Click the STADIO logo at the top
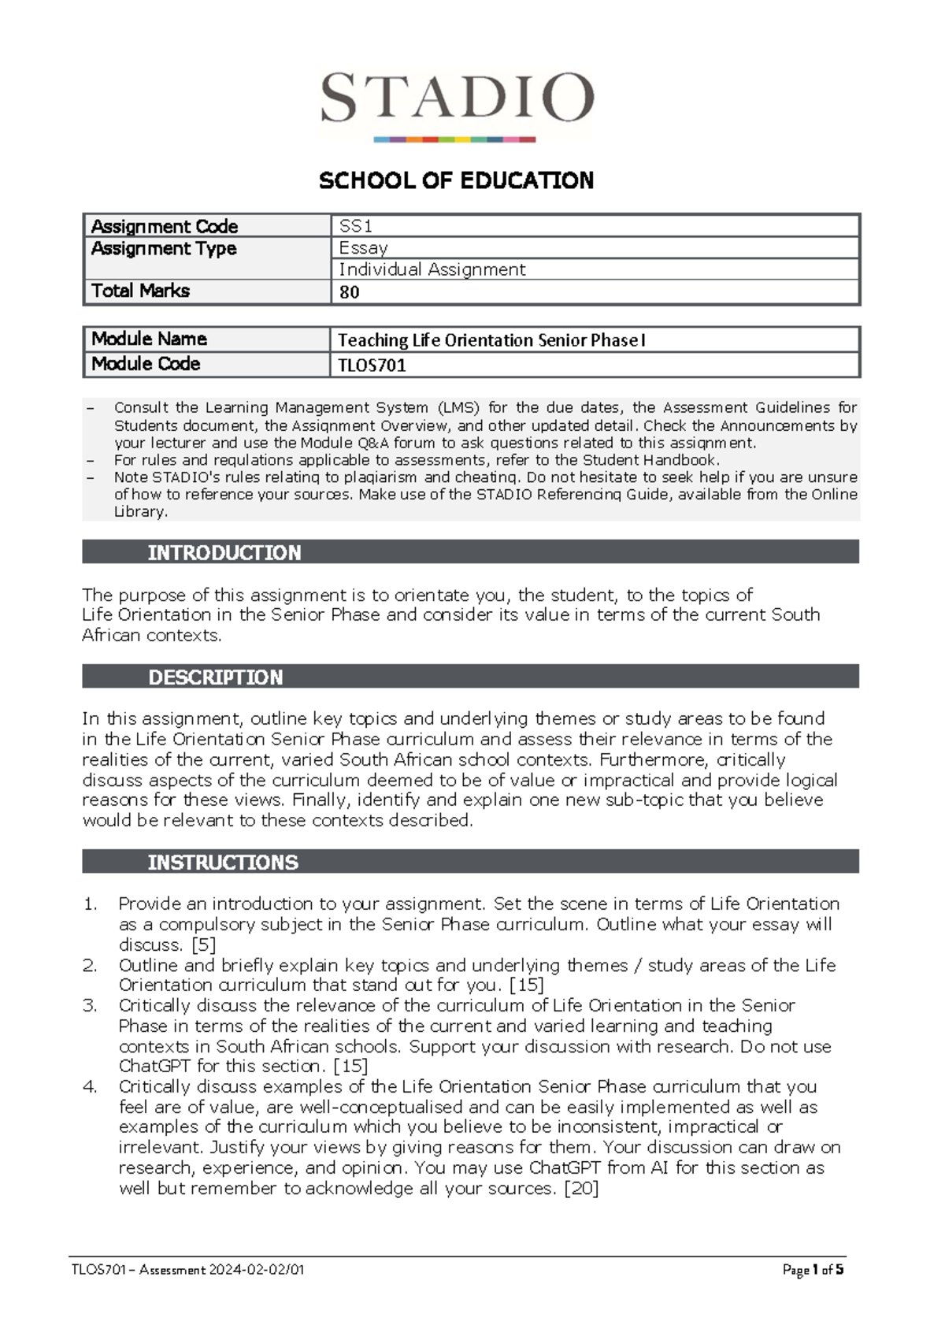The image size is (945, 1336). coord(457,102)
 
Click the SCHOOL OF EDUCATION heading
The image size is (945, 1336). coord(456,181)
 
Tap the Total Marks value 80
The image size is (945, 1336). coord(349,292)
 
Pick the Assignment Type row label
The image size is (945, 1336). coord(164,249)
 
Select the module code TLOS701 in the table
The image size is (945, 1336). coord(372,366)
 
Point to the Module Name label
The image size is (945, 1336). coord(149,340)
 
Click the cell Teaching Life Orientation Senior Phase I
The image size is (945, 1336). coord(491,340)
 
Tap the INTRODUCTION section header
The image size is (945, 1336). coord(224,552)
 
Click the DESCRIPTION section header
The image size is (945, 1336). coord(215,677)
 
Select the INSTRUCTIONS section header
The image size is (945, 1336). coord(223,863)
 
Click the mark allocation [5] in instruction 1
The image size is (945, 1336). coord(203,944)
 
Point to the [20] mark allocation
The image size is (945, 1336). coord(582,1188)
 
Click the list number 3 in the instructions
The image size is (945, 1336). coord(90,1006)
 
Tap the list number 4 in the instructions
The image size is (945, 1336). coord(90,1087)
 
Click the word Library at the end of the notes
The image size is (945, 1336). coord(140,512)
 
